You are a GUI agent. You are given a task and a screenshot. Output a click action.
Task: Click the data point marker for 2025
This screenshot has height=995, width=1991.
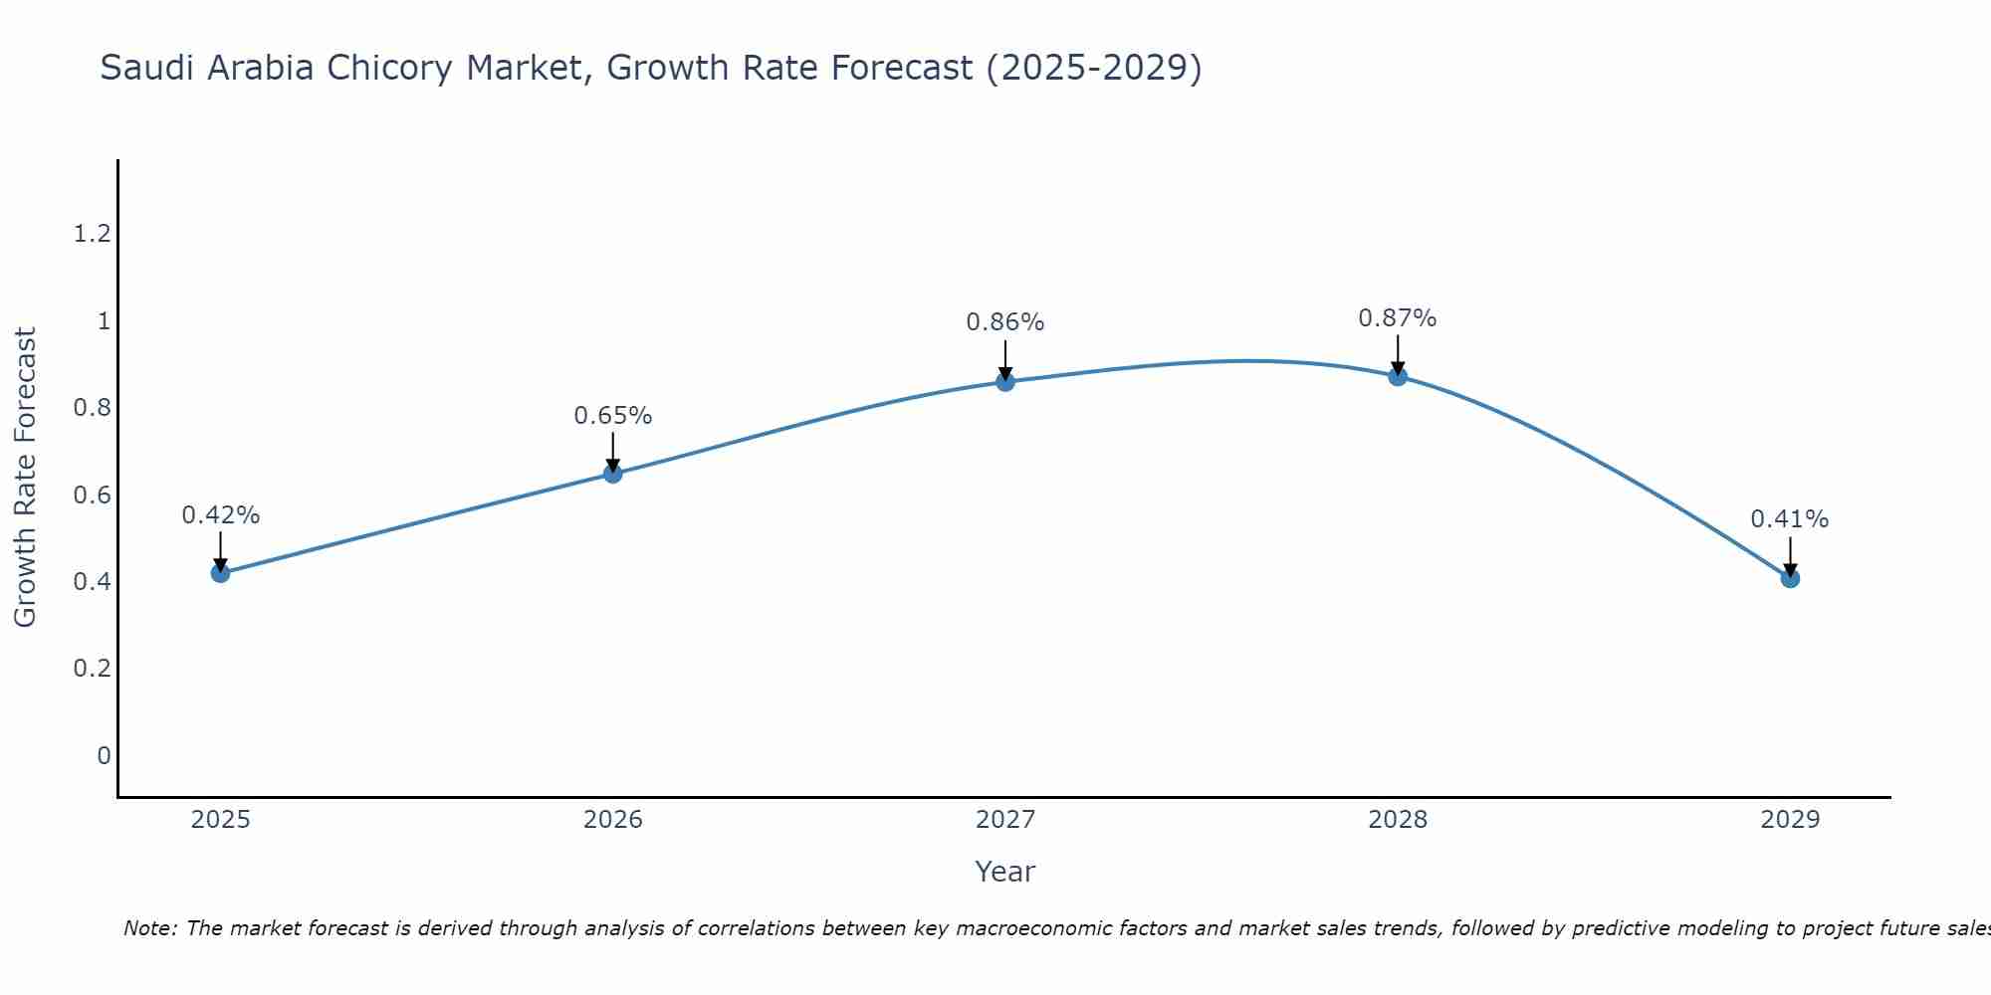pyautogui.click(x=221, y=573)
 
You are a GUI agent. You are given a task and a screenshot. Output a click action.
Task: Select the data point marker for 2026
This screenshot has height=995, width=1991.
pyautogui.click(x=613, y=474)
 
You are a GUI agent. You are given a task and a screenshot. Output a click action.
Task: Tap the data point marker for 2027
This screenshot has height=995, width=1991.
pyautogui.click(x=1005, y=381)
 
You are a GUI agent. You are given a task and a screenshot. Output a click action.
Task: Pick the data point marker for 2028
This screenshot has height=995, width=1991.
pyautogui.click(x=1398, y=376)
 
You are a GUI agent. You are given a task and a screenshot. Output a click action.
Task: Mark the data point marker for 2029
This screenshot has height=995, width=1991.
pyautogui.click(x=1790, y=578)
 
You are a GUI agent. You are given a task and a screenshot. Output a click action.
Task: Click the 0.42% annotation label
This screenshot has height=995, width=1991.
pyautogui.click(x=221, y=515)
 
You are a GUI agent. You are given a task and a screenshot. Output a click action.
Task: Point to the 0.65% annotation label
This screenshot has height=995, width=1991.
pyautogui.click(x=613, y=416)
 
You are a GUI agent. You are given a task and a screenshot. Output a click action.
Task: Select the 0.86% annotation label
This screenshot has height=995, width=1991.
pyautogui.click(x=1005, y=322)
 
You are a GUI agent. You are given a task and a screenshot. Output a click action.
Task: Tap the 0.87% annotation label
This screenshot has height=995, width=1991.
pyautogui.click(x=1398, y=318)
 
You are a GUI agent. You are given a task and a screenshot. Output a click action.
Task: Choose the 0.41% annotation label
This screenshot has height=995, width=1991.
pyautogui.click(x=1790, y=519)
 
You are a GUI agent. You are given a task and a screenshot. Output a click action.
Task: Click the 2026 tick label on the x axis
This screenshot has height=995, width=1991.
pyautogui.click(x=613, y=820)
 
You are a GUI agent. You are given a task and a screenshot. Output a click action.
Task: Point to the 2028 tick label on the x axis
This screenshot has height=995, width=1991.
pyautogui.click(x=1398, y=820)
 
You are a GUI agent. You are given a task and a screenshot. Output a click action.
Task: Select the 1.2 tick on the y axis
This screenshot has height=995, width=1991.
pyautogui.click(x=92, y=234)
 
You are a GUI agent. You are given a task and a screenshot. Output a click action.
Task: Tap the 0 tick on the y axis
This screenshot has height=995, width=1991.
pyautogui.click(x=104, y=756)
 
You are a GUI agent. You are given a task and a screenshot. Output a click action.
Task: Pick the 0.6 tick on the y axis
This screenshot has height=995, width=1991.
pyautogui.click(x=92, y=496)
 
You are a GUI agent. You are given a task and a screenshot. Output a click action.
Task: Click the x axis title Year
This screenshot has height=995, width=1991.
pyautogui.click(x=1005, y=872)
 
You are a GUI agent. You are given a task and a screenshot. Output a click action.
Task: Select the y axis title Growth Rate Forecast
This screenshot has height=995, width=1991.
pyautogui.click(x=25, y=478)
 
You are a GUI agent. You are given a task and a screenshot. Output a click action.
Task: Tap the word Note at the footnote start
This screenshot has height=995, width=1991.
pyautogui.click(x=149, y=928)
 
